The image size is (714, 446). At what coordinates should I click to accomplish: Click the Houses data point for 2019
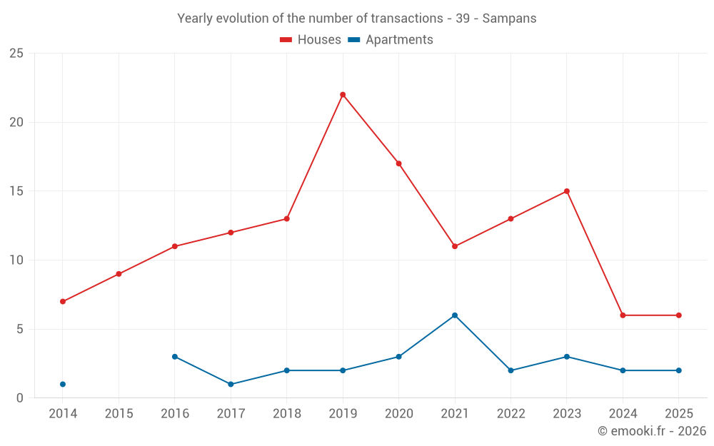point(343,95)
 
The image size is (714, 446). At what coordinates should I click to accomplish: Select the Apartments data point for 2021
point(455,315)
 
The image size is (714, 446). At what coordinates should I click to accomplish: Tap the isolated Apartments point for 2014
point(63,385)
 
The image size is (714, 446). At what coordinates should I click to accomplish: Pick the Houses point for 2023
point(567,191)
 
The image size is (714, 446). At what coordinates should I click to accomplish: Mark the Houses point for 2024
point(623,315)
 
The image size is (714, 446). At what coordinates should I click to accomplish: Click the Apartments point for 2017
point(231,385)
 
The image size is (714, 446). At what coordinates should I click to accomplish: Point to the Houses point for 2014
point(63,302)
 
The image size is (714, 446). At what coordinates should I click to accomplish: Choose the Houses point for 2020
point(398,163)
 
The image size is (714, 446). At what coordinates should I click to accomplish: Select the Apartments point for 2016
point(175,357)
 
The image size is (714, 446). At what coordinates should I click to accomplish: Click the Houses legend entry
point(311,40)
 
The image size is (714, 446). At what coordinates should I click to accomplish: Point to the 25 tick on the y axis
point(16,54)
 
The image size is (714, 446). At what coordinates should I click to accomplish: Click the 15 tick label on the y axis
point(16,191)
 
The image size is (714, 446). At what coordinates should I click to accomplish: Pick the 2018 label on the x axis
point(287,414)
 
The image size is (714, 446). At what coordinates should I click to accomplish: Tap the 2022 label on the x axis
point(511,414)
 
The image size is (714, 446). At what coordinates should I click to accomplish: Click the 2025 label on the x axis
point(678,414)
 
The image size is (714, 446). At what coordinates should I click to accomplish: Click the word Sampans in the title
point(509,19)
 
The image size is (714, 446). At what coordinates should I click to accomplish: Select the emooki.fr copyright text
point(652,431)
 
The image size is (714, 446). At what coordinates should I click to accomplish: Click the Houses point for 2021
point(455,246)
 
